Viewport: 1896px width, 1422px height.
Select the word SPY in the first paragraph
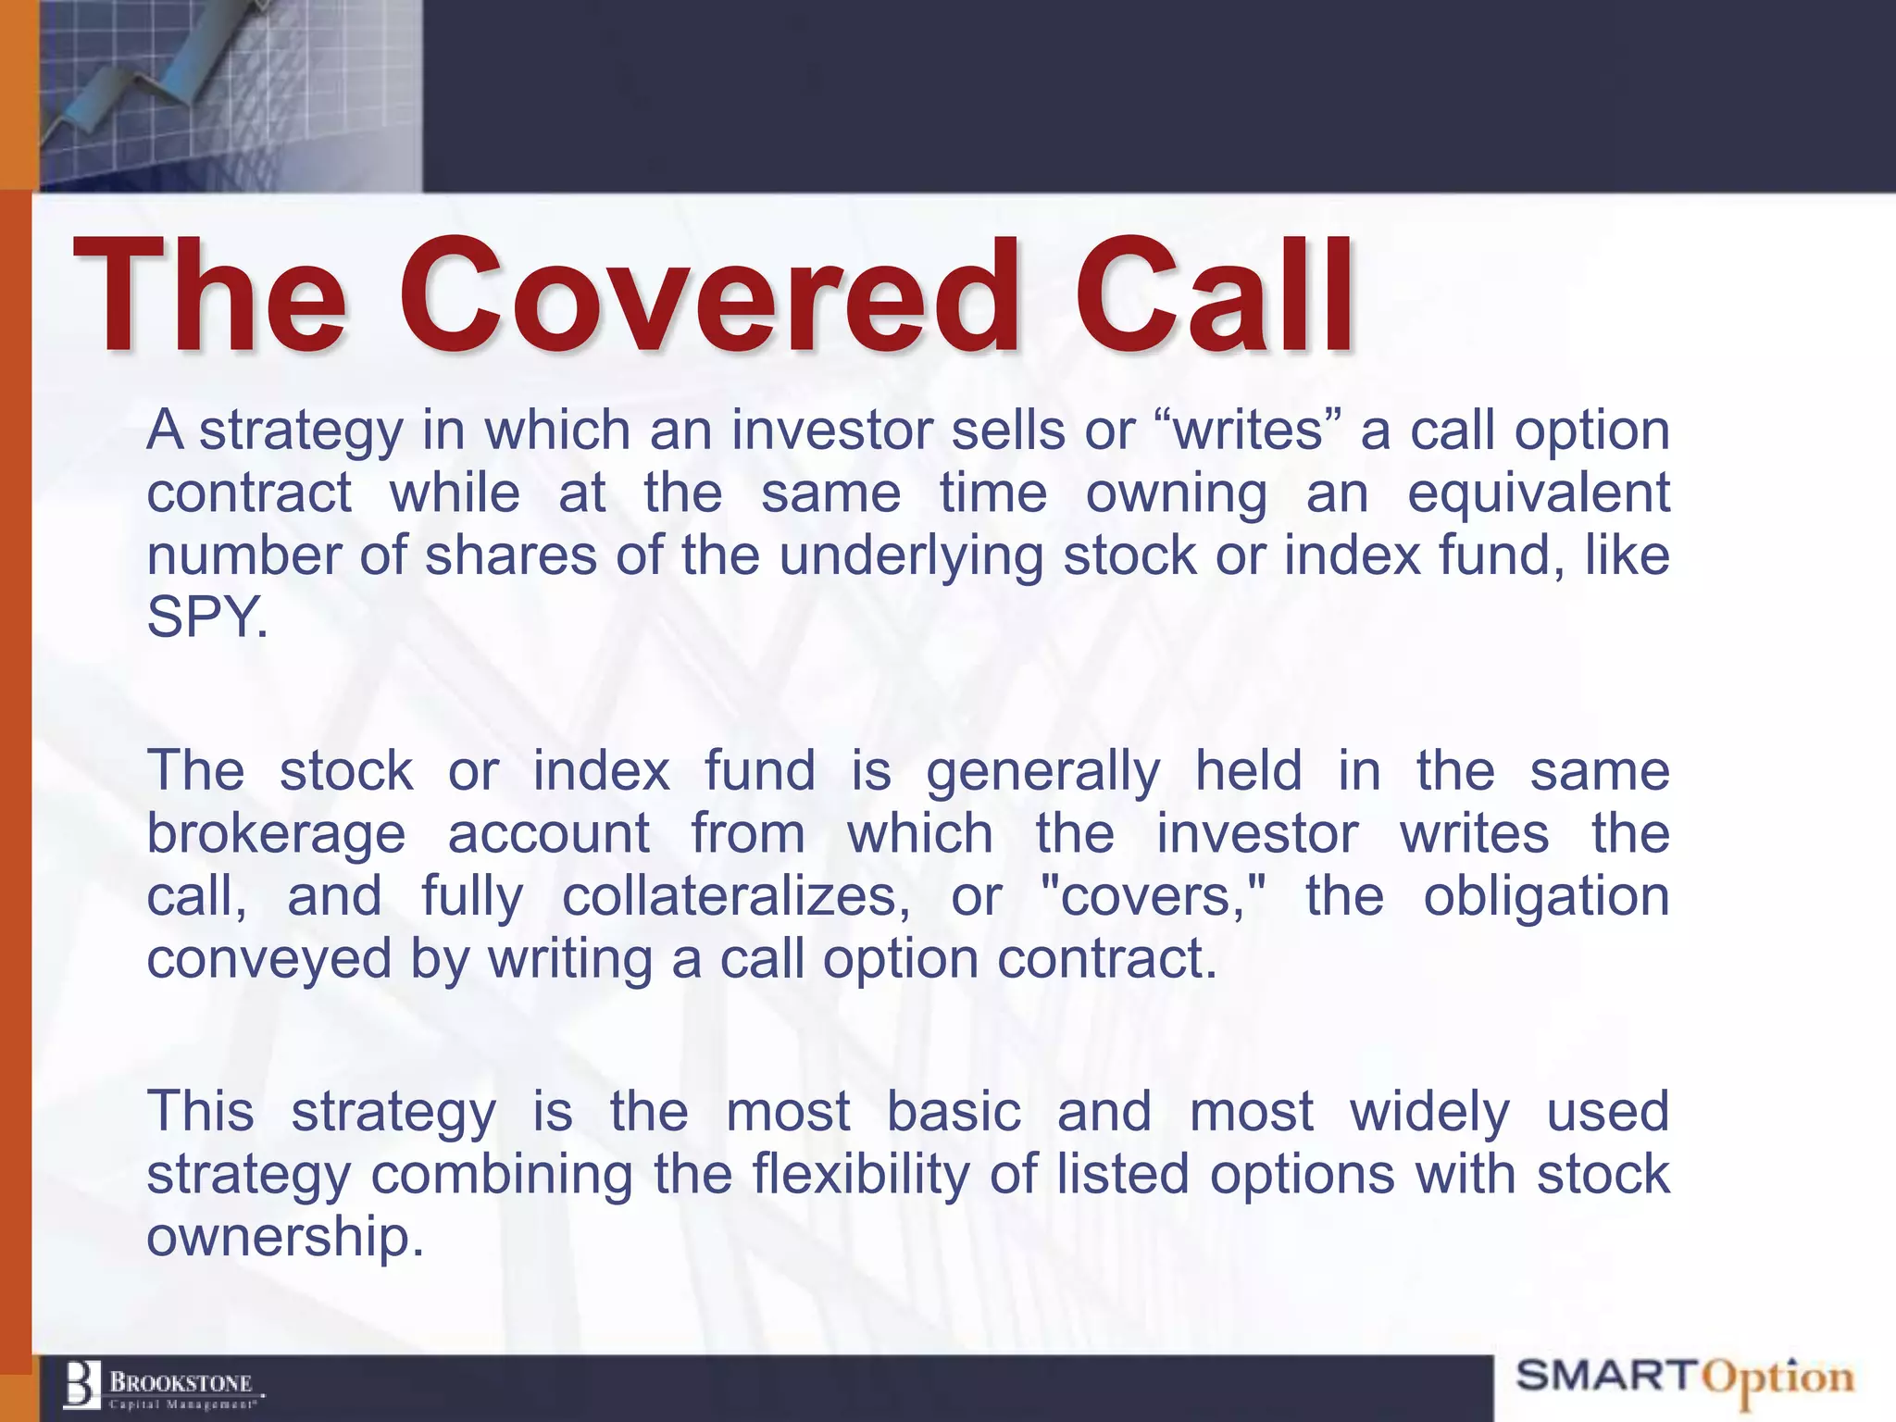point(206,617)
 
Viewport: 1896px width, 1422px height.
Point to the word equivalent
point(1538,493)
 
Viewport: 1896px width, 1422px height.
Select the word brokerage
point(276,834)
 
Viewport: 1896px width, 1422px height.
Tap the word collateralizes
point(736,897)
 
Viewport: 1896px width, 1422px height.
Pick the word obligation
point(1545,897)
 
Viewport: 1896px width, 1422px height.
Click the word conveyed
point(269,959)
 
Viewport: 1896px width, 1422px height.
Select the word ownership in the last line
point(284,1237)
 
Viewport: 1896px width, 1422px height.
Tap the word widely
point(1429,1112)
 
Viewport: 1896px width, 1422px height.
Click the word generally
point(1042,772)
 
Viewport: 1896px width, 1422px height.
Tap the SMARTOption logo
point(1684,1378)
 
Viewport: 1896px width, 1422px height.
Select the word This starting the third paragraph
point(200,1112)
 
